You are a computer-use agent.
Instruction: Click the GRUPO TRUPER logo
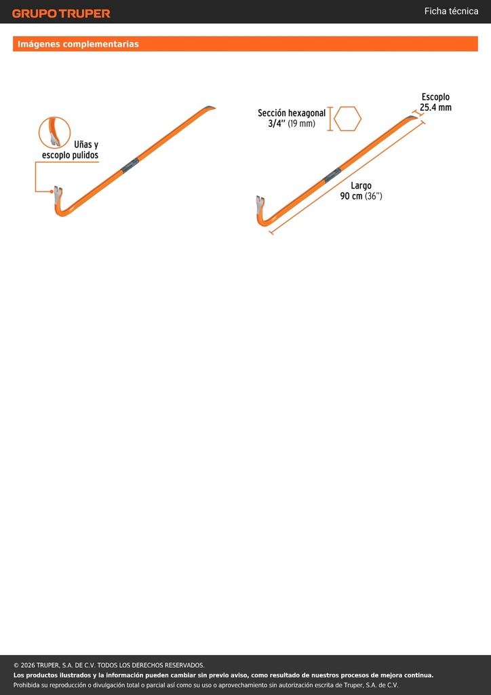pyautogui.click(x=61, y=14)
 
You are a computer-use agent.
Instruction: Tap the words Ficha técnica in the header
pyautogui.click(x=451, y=12)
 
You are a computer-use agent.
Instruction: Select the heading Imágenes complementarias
pyautogui.click(x=78, y=44)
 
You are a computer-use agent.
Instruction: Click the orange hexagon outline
pyautogui.click(x=347, y=119)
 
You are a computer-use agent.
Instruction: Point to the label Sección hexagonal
pyautogui.click(x=292, y=113)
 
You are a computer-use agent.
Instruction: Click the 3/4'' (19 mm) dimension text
pyautogui.click(x=292, y=124)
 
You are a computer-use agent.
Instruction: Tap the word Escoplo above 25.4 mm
pyautogui.click(x=435, y=97)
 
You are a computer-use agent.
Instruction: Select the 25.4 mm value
pyautogui.click(x=435, y=108)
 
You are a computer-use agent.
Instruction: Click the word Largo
pyautogui.click(x=361, y=186)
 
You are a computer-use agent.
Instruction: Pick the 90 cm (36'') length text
pyautogui.click(x=361, y=196)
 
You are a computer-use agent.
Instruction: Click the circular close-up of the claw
pyautogui.click(x=54, y=132)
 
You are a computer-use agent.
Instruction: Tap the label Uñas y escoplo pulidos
pyautogui.click(x=70, y=150)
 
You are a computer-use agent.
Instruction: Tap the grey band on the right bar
pyautogui.click(x=332, y=174)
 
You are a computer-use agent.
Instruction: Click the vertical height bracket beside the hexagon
pyautogui.click(x=330, y=119)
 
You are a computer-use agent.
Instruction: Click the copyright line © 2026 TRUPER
pyautogui.click(x=109, y=665)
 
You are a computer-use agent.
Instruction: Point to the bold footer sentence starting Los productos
pyautogui.click(x=223, y=675)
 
